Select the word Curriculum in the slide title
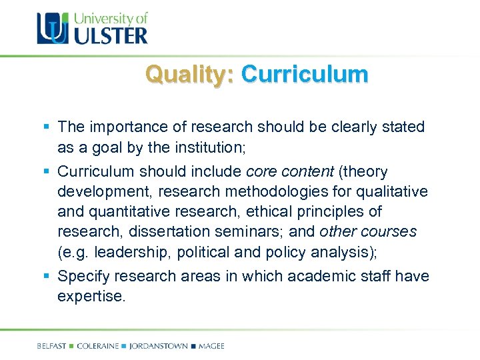pos(304,75)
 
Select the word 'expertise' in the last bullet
pos(90,296)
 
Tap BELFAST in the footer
pos(53,346)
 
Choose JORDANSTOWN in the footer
pos(159,346)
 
